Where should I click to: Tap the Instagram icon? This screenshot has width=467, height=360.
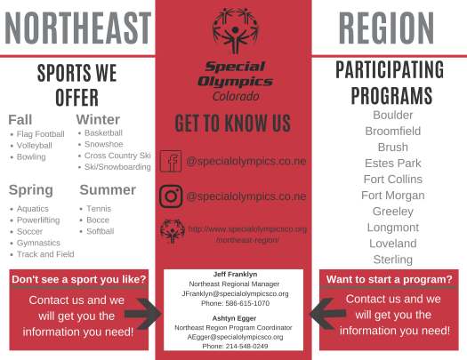pos(170,196)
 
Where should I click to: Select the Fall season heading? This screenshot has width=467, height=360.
pos(22,120)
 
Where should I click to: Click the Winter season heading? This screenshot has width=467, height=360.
pos(98,120)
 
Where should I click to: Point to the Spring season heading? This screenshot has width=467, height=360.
pos(31,189)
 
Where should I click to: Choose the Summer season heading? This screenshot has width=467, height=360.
pos(108,189)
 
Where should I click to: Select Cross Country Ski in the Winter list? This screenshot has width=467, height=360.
pos(117,156)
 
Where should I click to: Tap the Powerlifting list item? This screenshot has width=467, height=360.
pos(39,220)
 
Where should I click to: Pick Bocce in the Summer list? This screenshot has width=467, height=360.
pos(98,220)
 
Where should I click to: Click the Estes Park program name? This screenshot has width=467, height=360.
pos(392,164)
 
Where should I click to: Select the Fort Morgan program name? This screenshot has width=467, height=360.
pos(392,196)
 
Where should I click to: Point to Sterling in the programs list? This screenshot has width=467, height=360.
pos(392,260)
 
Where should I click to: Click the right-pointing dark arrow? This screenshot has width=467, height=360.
pos(141,313)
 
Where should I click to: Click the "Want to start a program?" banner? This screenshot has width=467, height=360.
pos(390,279)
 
